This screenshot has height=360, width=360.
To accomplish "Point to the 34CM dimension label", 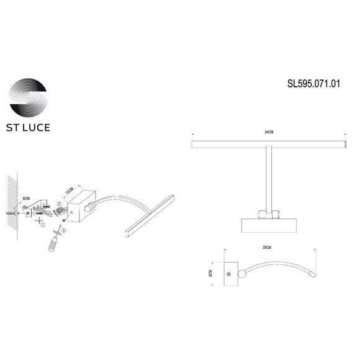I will pos(268,133).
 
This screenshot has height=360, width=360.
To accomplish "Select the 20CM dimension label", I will pos(268,247).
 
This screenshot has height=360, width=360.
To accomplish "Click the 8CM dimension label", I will pos(25,200).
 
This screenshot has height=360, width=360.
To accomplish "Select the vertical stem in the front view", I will pos(268,180).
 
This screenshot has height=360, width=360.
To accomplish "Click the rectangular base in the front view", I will pos(268,224).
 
